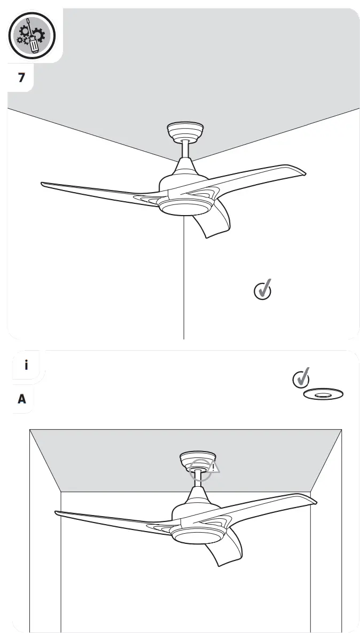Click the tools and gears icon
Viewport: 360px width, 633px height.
coord(32,36)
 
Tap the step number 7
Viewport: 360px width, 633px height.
coord(21,78)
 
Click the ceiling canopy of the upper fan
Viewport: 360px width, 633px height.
coord(185,130)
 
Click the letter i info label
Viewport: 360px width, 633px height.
coord(26,366)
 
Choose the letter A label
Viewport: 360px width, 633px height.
coord(22,398)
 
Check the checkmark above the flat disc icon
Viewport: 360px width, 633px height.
coord(302,378)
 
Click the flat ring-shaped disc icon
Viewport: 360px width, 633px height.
coord(323,395)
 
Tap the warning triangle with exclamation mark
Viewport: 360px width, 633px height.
coord(213,468)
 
